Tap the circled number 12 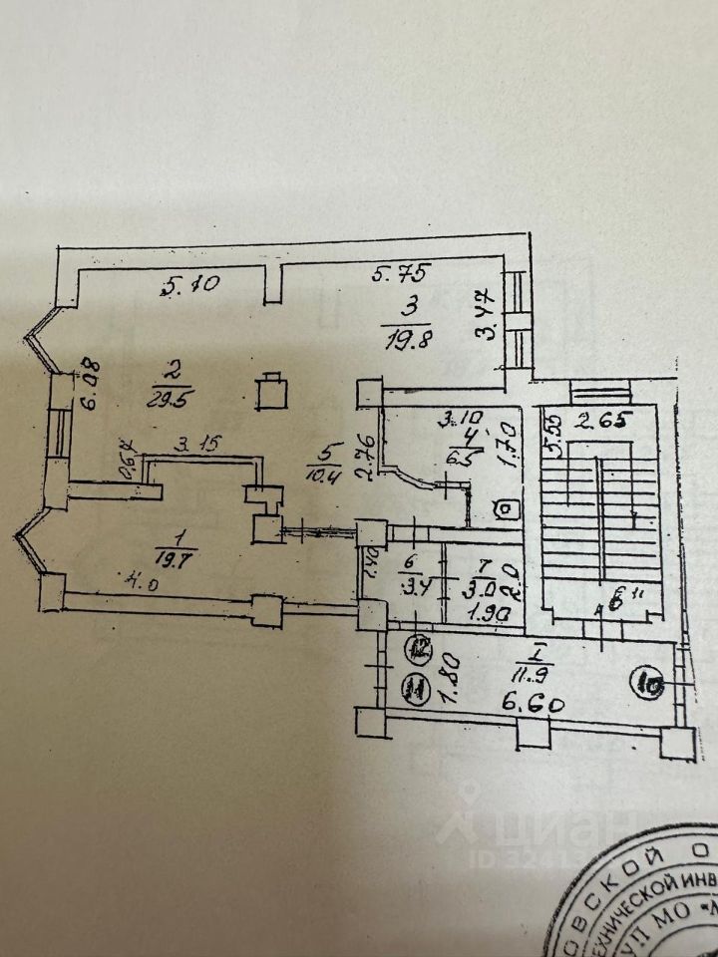[420, 649]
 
